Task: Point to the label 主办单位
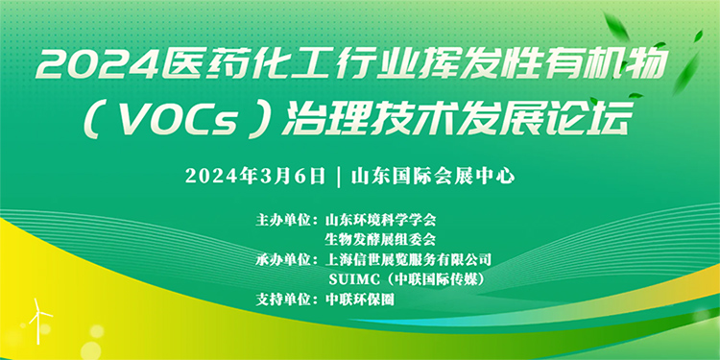286,219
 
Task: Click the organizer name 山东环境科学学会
381,219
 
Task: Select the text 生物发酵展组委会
381,239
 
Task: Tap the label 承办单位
286,259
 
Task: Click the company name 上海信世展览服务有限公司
408,259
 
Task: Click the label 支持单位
286,300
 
